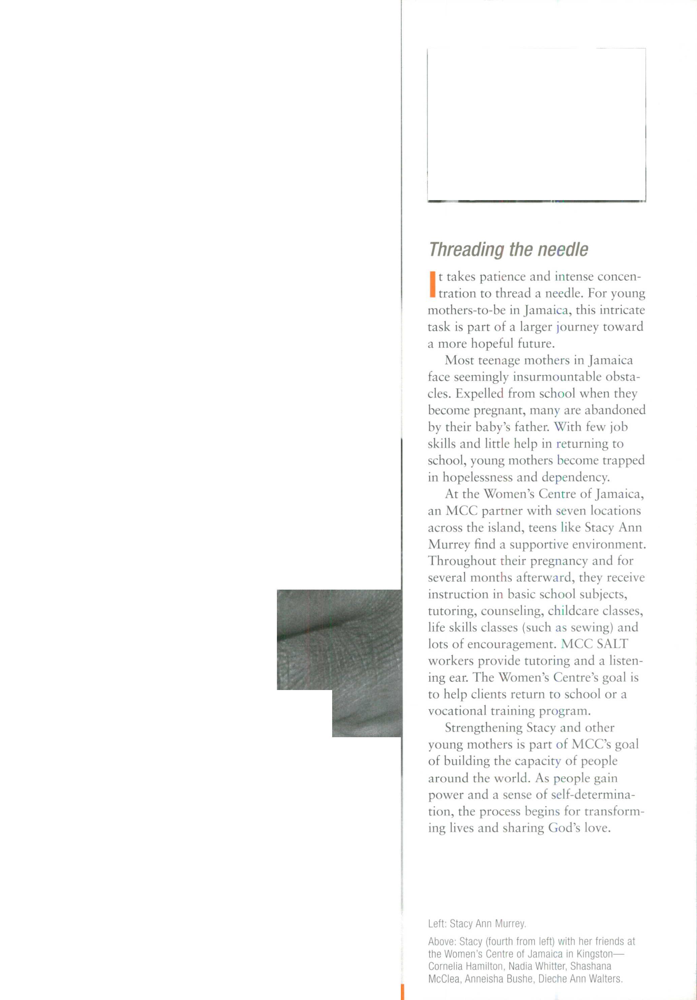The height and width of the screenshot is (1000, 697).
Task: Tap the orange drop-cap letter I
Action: [432, 284]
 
